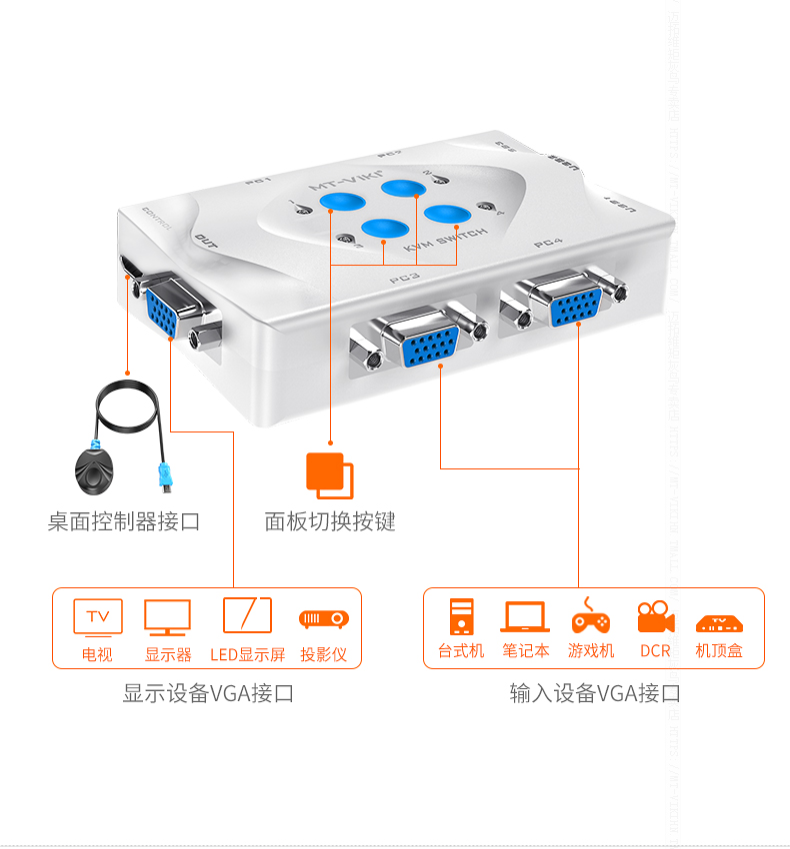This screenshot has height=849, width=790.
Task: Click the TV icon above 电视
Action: click(x=98, y=616)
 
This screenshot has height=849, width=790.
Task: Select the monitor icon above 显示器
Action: click(x=167, y=616)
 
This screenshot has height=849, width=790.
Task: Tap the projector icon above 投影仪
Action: click(x=323, y=619)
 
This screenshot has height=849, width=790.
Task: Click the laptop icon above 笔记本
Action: click(x=525, y=616)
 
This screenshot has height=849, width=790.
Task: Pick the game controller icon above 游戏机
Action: click(x=590, y=617)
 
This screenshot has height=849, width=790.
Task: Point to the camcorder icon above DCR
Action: click(x=655, y=617)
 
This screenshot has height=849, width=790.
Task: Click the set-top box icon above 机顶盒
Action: click(x=718, y=621)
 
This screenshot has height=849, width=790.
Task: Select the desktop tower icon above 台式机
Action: click(x=461, y=616)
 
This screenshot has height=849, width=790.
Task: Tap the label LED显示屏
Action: click(x=247, y=654)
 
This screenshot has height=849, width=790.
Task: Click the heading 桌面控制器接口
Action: click(x=124, y=521)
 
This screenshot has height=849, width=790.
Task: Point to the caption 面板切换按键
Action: click(x=330, y=521)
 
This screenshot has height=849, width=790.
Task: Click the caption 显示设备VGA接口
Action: click(x=208, y=693)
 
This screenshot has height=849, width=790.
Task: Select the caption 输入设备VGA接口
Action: click(x=595, y=693)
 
